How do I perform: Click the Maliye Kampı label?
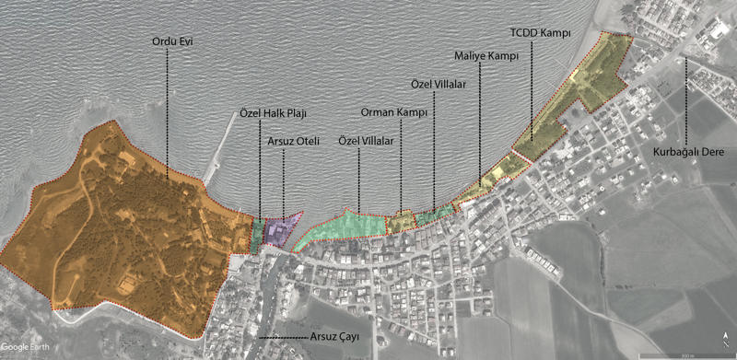pyautogui.click(x=488, y=56)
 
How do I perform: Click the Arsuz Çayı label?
pyautogui.click(x=332, y=338)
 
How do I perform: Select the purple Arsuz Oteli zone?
pyautogui.click(x=278, y=230)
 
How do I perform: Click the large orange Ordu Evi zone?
pyautogui.click(x=120, y=230)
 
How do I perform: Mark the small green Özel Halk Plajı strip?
pyautogui.click(x=257, y=236)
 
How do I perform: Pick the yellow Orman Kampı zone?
pyautogui.click(x=400, y=222)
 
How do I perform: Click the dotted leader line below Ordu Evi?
pyautogui.click(x=168, y=110)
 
